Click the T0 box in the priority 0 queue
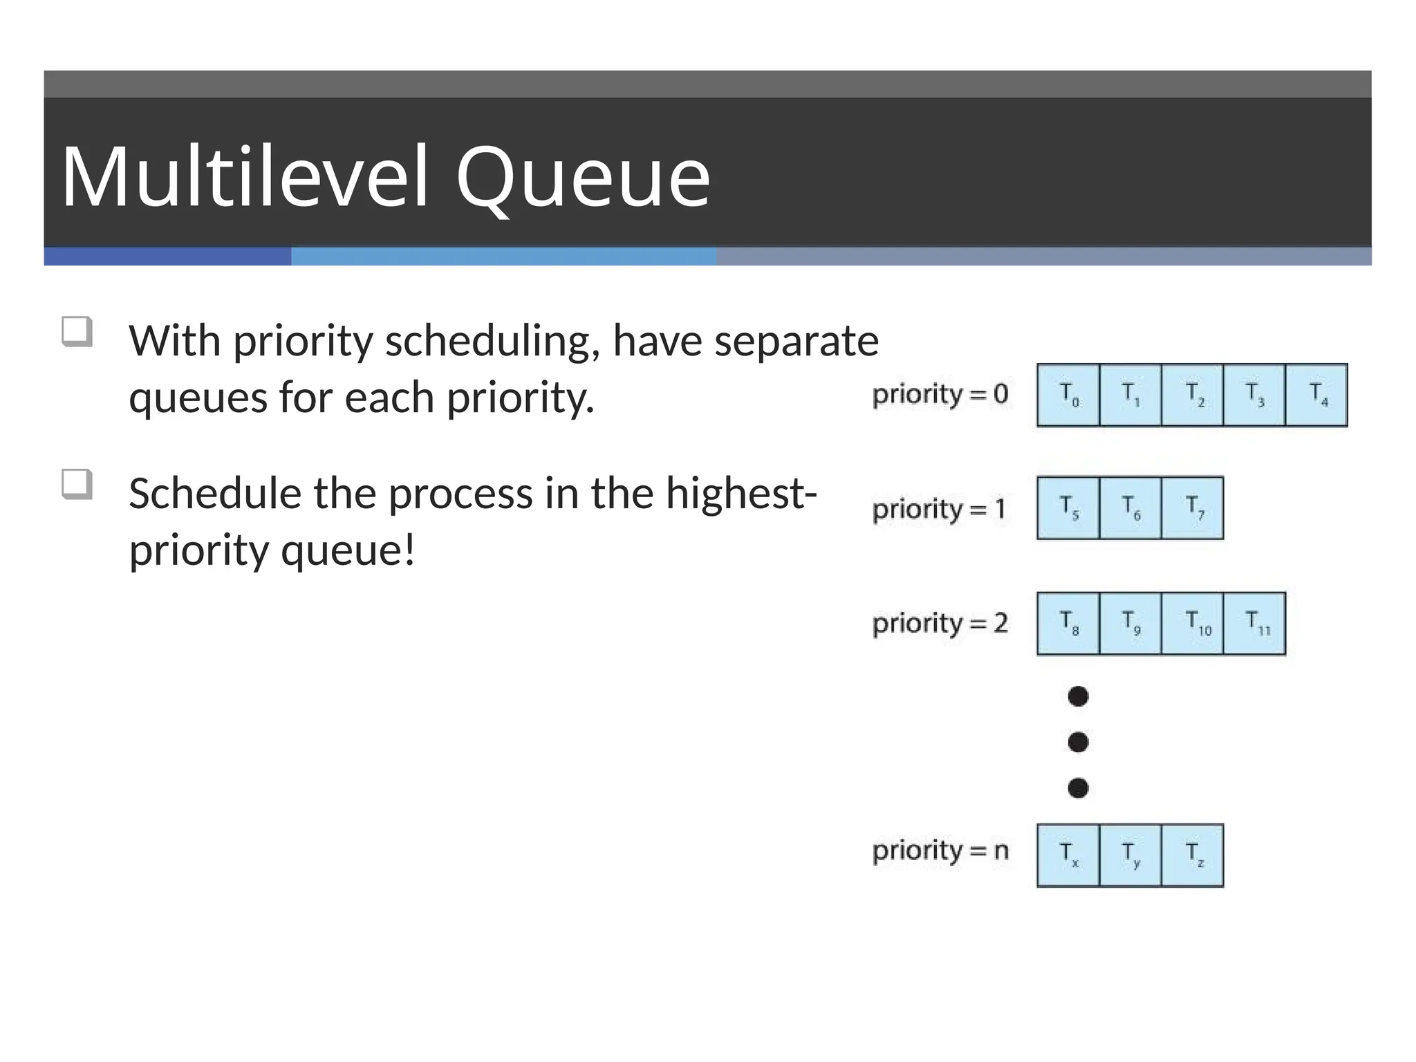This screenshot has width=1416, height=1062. pos(1068,395)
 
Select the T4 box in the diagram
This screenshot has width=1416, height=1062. pos(1316,395)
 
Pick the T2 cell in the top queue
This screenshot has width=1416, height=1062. pos(1193,395)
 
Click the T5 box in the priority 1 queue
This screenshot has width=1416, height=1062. pos(1068,508)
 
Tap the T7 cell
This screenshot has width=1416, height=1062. pos(1193,508)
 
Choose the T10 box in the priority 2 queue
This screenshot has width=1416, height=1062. pos(1193,623)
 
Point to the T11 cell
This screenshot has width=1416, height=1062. pos(1254,623)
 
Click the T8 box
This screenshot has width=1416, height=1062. pos(1068,623)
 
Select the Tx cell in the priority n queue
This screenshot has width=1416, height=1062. pos(1068,855)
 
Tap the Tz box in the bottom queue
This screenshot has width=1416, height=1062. pos(1193,855)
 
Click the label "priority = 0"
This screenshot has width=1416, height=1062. pos(940,395)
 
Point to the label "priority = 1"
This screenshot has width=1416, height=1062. pos(939,510)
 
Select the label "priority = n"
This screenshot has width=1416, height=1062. pos(940,851)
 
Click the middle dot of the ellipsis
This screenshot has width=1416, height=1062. pos(1078,742)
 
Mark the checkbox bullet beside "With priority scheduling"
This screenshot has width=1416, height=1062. pos(76,331)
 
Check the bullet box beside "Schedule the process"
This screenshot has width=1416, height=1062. pos(76,484)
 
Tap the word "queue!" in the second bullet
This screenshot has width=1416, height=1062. pos(348,551)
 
